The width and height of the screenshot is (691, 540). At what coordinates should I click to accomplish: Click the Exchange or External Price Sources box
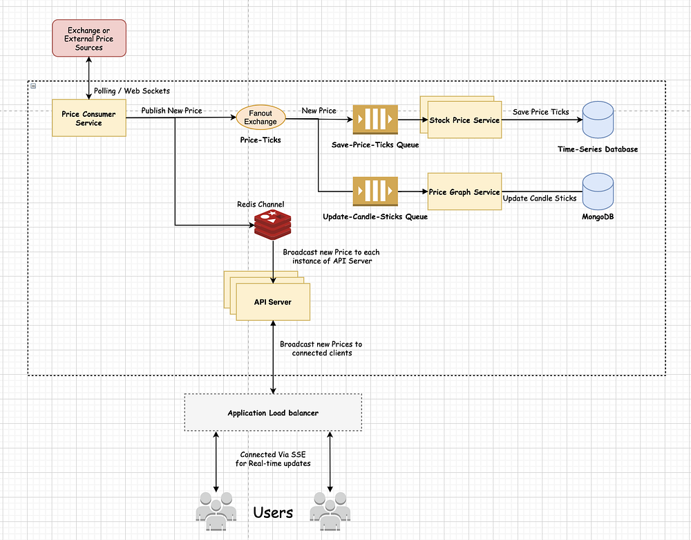click(89, 38)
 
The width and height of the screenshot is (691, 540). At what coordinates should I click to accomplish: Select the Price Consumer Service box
click(89, 118)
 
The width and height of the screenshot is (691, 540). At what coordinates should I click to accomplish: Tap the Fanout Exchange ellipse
click(261, 118)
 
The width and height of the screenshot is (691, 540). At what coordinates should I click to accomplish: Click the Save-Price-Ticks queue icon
click(375, 120)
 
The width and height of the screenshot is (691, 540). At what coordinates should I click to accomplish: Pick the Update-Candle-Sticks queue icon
click(375, 192)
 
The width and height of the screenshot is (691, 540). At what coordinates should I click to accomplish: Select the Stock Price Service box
click(464, 120)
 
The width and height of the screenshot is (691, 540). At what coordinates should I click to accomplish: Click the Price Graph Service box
click(464, 192)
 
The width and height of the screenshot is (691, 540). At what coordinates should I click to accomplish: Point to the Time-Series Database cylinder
click(598, 120)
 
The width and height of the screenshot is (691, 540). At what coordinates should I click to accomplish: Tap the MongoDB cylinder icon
click(598, 192)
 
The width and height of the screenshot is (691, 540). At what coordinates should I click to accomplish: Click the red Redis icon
click(273, 225)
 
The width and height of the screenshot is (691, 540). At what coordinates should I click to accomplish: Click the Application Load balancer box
click(273, 413)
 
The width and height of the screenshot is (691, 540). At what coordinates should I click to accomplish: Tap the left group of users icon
click(216, 512)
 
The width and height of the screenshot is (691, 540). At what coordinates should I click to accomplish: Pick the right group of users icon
click(330, 512)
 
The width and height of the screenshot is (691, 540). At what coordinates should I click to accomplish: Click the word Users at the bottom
click(273, 512)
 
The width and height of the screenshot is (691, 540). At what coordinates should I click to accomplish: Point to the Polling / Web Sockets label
click(132, 91)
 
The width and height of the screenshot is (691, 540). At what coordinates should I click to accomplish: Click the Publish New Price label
click(171, 111)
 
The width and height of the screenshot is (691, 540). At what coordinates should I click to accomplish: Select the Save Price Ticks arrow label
click(541, 112)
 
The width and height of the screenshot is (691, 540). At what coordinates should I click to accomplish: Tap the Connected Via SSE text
click(273, 454)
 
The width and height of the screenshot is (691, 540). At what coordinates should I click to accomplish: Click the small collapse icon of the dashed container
click(33, 86)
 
